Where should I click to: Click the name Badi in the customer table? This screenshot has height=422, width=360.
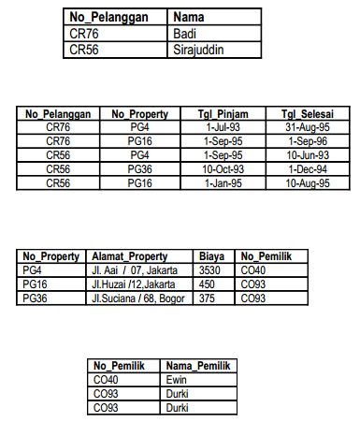184,35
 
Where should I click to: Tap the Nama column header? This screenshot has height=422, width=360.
190,17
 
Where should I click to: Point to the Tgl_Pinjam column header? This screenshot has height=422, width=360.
228,114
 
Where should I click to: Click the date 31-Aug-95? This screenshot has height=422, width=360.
306,126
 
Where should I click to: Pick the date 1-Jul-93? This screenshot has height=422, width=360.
228,126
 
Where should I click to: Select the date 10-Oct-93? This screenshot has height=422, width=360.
228,168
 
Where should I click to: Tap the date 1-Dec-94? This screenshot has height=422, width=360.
306,168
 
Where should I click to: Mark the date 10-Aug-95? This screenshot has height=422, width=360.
306,183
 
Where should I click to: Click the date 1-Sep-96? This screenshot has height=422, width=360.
306,140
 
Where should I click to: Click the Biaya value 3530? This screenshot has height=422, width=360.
211,269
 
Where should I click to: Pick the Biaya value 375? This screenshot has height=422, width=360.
209,298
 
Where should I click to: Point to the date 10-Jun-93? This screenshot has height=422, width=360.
306,154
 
